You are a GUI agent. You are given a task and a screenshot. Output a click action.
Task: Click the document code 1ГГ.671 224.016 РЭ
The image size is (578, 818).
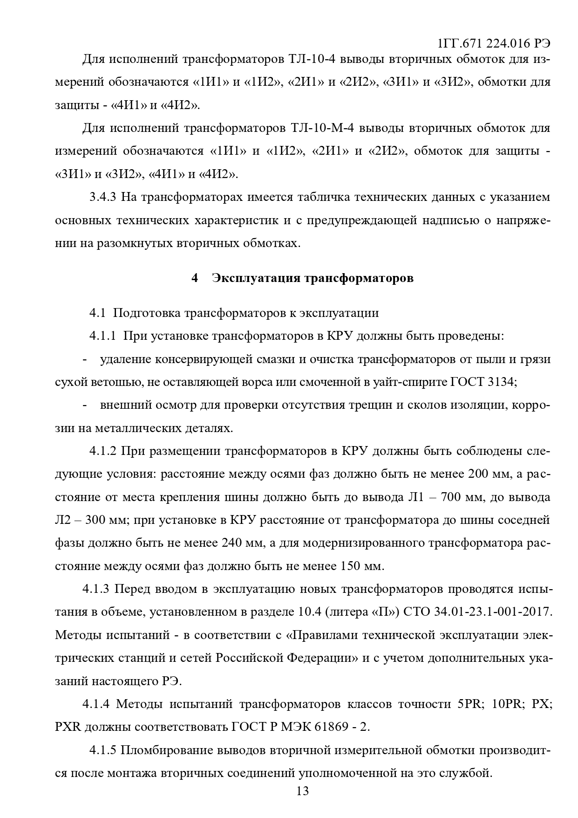pos(494,43)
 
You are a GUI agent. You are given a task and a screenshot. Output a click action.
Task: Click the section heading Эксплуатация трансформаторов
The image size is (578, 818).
pos(313,278)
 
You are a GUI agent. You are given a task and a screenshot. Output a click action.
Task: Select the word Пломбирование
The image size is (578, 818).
pos(165,750)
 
